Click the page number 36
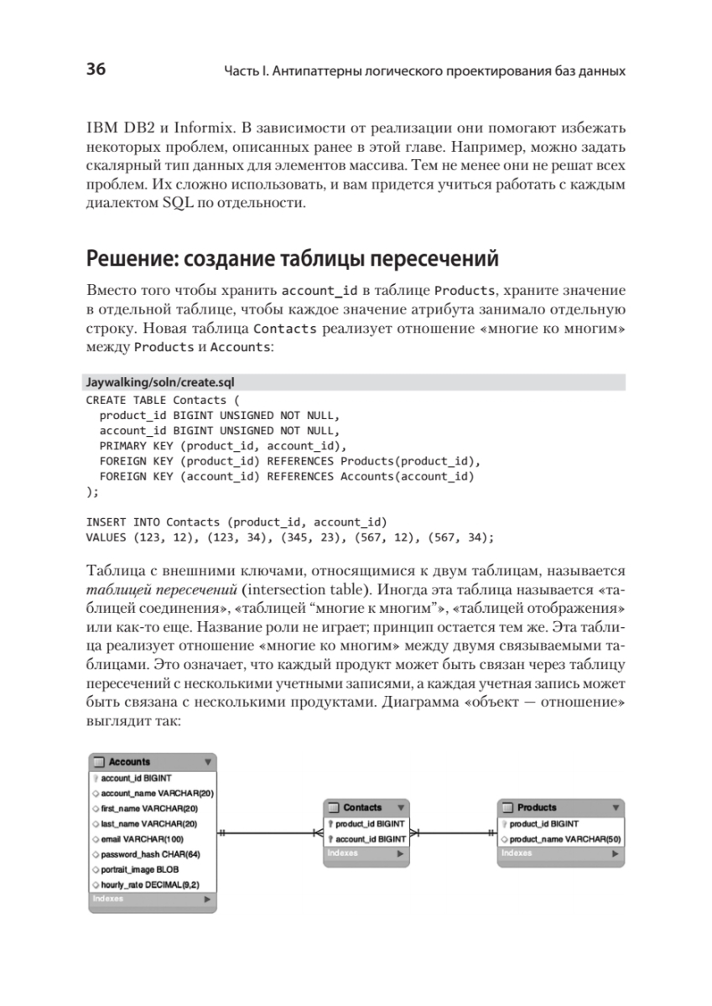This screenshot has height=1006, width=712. click(95, 70)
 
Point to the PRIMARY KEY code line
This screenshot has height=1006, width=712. click(222, 445)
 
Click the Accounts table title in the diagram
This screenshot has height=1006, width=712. click(130, 762)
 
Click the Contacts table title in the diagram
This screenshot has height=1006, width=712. click(362, 807)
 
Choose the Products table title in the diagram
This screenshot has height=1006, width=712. click(537, 807)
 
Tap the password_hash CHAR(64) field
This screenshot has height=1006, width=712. click(151, 853)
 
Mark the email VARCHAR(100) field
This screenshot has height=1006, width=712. click(143, 838)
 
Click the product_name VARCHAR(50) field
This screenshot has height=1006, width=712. click(564, 838)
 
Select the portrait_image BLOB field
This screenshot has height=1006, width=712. click(140, 869)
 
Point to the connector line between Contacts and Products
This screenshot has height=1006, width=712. click(453, 832)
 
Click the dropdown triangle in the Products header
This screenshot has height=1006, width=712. click(616, 807)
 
